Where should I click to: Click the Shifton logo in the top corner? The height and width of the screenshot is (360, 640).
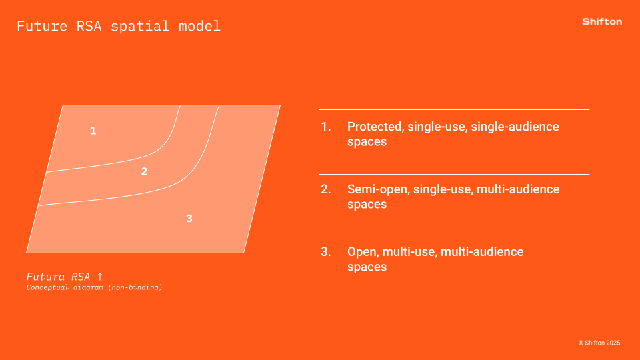point(602,21)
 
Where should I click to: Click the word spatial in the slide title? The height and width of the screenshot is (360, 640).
point(140,26)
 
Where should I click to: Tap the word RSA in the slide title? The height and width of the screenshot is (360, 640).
point(89,26)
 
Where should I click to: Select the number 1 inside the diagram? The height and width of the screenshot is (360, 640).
point(93,131)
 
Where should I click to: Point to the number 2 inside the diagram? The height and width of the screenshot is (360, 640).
point(144,171)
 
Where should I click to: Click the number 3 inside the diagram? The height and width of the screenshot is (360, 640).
point(189,219)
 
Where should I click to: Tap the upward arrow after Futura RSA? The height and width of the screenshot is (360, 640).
point(100,276)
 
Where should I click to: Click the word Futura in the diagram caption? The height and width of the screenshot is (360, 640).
point(46,277)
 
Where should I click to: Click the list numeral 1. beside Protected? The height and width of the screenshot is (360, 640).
point(326,127)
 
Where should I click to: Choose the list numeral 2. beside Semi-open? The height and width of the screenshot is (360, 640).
point(326,189)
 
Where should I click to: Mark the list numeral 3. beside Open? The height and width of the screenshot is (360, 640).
point(326,252)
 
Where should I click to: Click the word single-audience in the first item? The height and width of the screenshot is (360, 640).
point(515,127)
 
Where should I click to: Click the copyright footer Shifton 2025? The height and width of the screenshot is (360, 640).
point(599,343)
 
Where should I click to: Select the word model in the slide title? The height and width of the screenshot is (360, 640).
point(199,26)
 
